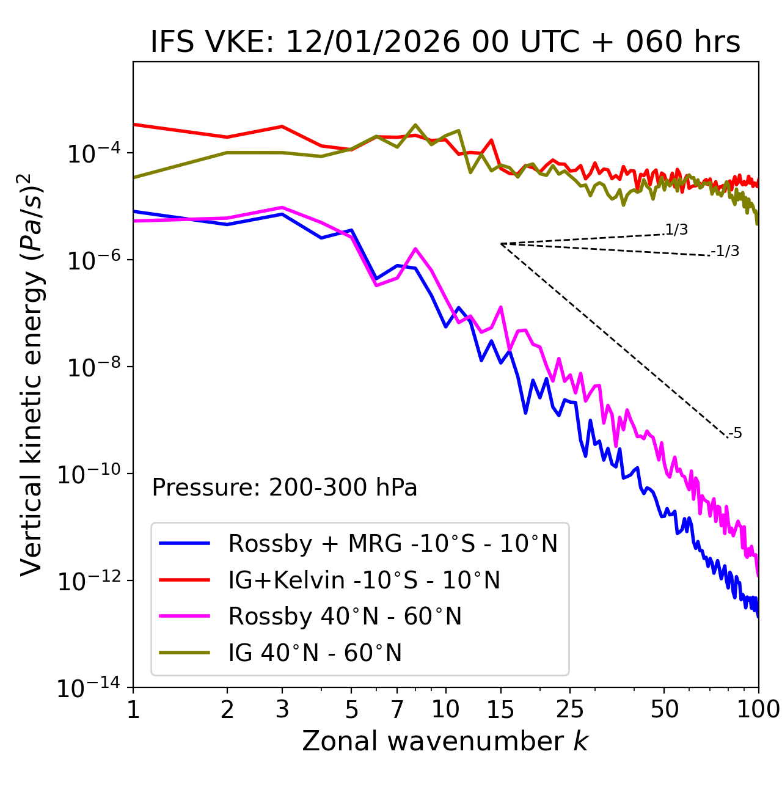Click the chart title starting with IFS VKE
[x=445, y=42]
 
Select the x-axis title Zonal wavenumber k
[x=445, y=741]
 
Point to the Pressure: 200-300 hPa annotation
[x=285, y=488]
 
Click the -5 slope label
[x=735, y=433]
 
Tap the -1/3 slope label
[x=725, y=251]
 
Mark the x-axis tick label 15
[x=500, y=709]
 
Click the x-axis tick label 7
[x=397, y=709]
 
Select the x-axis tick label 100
[x=758, y=709]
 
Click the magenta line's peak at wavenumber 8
[x=415, y=249]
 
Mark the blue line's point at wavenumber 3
[x=282, y=214]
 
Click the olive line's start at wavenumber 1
[x=134, y=177]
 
